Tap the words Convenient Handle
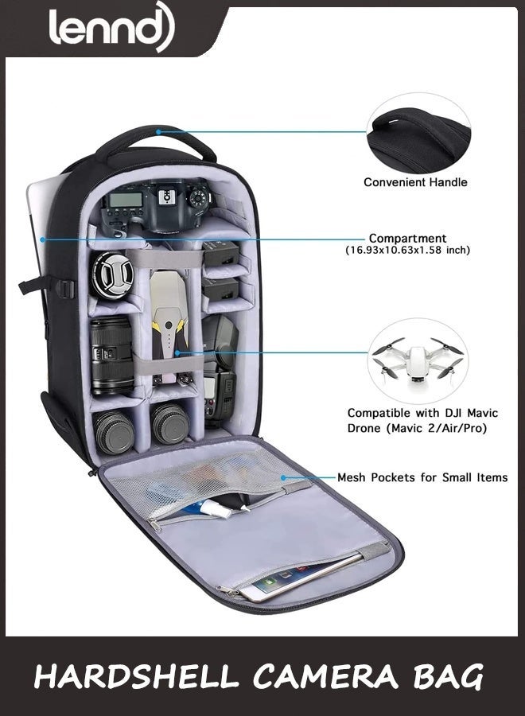(415, 182)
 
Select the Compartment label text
(407, 239)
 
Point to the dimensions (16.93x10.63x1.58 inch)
(407, 251)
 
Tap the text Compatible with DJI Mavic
(422, 413)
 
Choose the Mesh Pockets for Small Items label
(422, 477)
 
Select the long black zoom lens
(111, 356)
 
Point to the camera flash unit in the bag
(220, 370)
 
